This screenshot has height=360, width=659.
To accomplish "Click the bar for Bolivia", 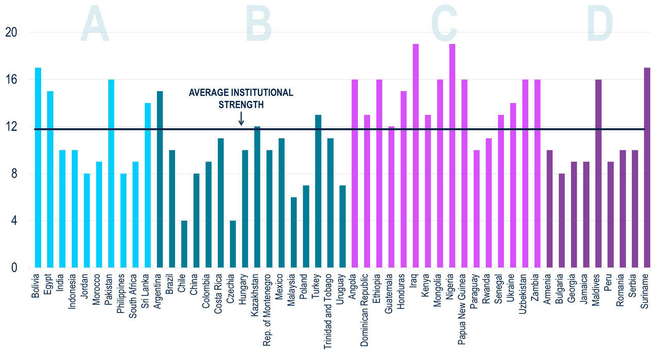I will pyautogui.click(x=38, y=167).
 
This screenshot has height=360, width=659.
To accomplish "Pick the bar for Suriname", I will pyautogui.click(x=647, y=167).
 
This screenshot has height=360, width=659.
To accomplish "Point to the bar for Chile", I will pyautogui.click(x=184, y=244).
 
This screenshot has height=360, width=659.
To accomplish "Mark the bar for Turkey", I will pyautogui.click(x=318, y=191).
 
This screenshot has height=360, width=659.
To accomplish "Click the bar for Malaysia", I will pyautogui.click(x=294, y=232).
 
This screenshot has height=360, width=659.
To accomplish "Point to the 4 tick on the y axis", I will pyautogui.click(x=13, y=221).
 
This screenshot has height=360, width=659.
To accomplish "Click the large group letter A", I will pyautogui.click(x=95, y=24).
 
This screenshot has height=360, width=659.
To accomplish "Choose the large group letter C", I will pyautogui.click(x=444, y=24).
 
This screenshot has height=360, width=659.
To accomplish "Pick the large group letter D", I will pyautogui.click(x=599, y=24).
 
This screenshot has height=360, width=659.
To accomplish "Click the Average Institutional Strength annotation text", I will pyautogui.click(x=241, y=98).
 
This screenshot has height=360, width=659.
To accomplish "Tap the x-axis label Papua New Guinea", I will pyautogui.click(x=464, y=303).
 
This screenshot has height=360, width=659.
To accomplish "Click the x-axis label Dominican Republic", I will pyautogui.click(x=367, y=307).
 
